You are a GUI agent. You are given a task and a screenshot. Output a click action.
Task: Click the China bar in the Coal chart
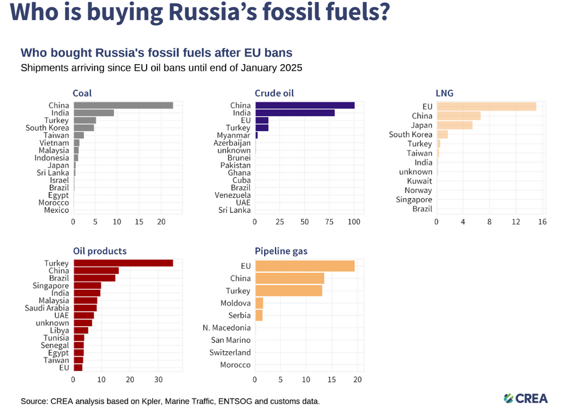pyautogui.click(x=124, y=105)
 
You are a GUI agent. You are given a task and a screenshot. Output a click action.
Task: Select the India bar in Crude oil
pyautogui.click(x=295, y=113)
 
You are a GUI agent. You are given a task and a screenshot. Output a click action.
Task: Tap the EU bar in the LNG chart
pyautogui.click(x=487, y=107)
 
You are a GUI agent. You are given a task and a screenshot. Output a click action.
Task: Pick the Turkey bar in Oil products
pyautogui.click(x=124, y=263)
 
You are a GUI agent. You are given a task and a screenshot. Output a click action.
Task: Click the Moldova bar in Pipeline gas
pyautogui.click(x=259, y=303)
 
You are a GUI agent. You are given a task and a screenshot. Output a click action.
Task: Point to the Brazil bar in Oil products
pyautogui.click(x=95, y=278)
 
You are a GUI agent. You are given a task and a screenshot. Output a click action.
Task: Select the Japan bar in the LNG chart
pyautogui.click(x=455, y=125)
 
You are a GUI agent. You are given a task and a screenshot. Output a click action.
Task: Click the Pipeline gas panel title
pyautogui.click(x=281, y=251)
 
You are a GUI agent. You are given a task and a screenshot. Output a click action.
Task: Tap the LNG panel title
pyautogui.click(x=444, y=93)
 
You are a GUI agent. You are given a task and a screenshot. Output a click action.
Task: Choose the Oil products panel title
pyautogui.click(x=100, y=251)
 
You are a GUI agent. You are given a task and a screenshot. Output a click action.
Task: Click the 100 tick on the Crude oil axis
pyautogui.click(x=354, y=222)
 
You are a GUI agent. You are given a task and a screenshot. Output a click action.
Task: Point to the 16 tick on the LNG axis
pyautogui.click(x=543, y=222)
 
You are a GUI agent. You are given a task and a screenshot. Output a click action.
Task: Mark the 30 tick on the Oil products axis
pyautogui.click(x=158, y=380)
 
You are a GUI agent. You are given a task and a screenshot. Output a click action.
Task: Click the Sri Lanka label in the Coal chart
pyautogui.click(x=52, y=173)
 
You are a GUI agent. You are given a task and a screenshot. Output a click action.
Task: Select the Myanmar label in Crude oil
pyautogui.click(x=233, y=135)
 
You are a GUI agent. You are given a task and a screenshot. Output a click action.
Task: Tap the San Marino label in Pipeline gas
pyautogui.click(x=231, y=340)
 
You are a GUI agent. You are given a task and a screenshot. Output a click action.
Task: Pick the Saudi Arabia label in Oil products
pyautogui.click(x=47, y=308)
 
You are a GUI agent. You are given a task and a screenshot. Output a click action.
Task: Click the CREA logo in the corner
pyautogui.click(x=526, y=398)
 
